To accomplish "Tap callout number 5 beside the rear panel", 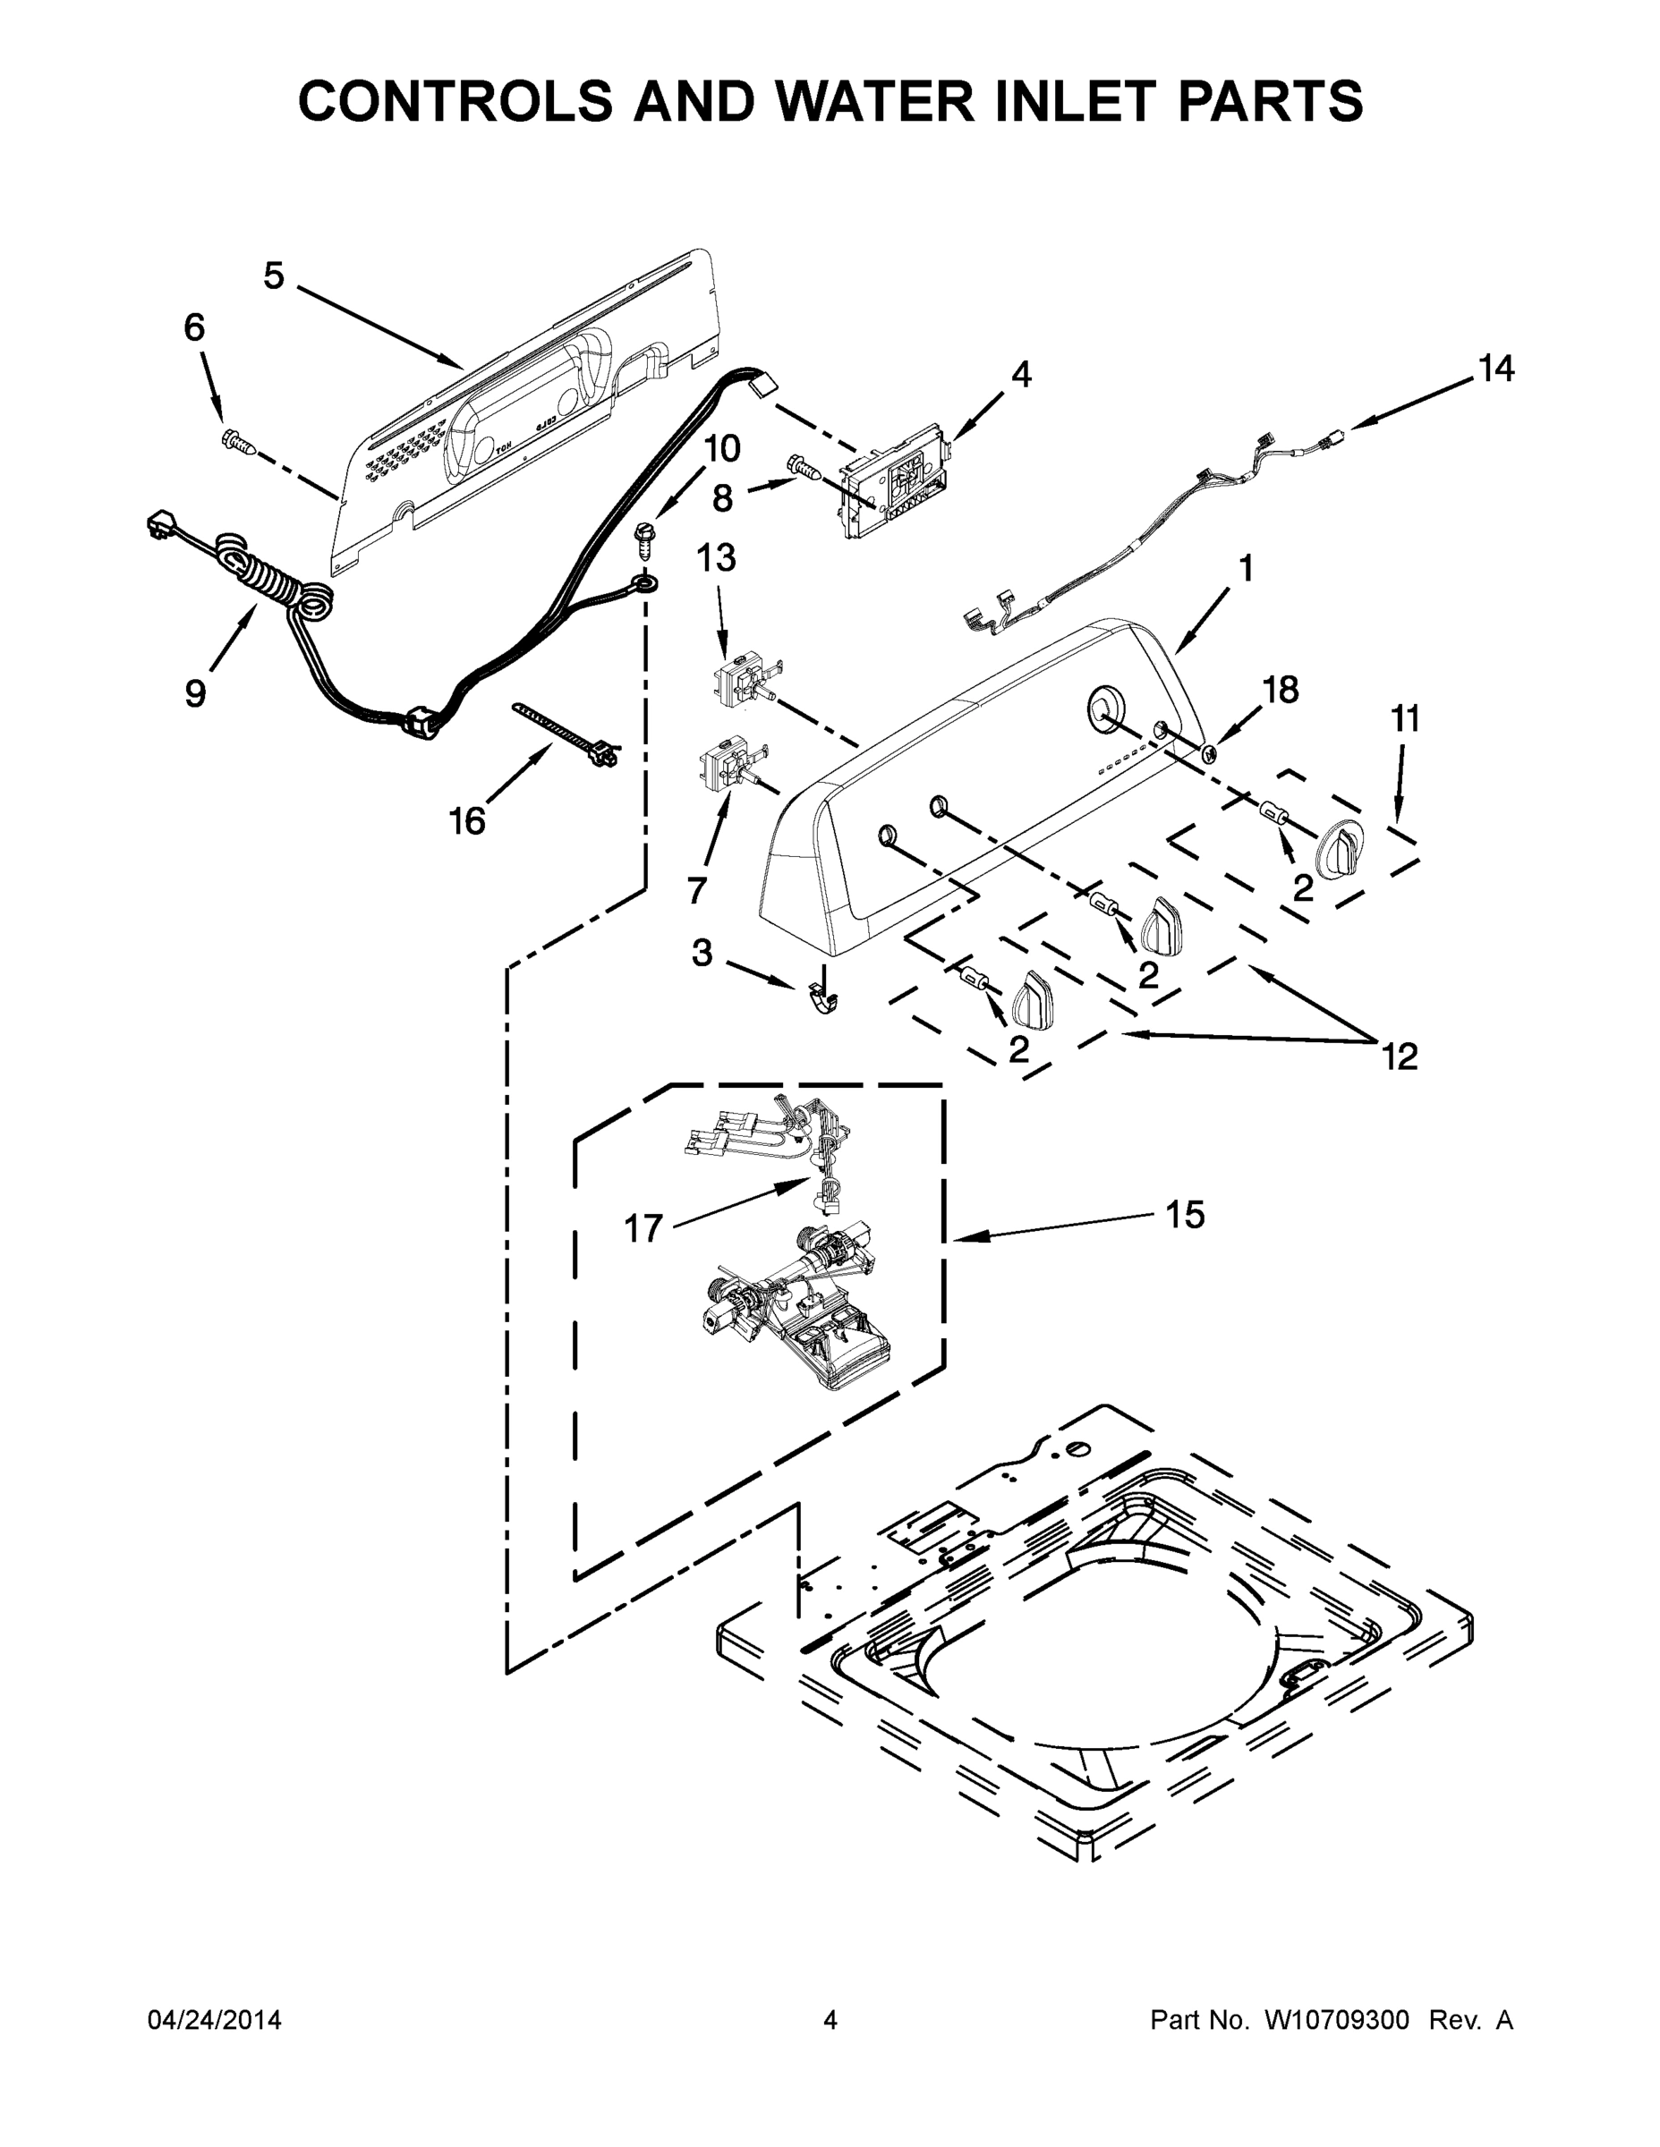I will point(274,277).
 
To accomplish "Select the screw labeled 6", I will point(239,444).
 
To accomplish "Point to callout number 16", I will point(467,821).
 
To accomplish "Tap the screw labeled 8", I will point(804,467).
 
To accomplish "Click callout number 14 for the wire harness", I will point(1495,369).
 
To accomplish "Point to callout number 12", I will point(1400,1057).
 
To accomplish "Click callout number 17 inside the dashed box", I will point(644,1228).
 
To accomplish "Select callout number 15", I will point(1185,1215).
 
